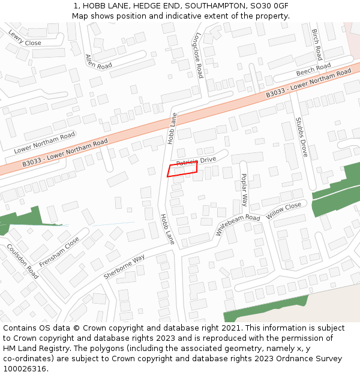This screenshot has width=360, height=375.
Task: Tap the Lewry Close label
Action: pyautogui.click(x=25, y=38)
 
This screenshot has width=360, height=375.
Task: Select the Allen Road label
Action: pyautogui.click(x=98, y=61)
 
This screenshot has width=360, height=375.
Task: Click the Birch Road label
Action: pyautogui.click(x=317, y=44)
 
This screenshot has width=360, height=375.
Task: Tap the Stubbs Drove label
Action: pyautogui.click(x=301, y=137)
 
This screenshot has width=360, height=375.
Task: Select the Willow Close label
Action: pyautogui.click(x=284, y=209)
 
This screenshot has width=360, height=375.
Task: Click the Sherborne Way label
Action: pyautogui.click(x=124, y=267)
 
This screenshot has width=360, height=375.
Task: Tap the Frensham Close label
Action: pyautogui.click(x=59, y=252)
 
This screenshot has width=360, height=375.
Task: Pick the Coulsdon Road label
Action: pyautogui.click(x=23, y=260)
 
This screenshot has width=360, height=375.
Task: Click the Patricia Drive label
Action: pyautogui.click(x=196, y=161)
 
